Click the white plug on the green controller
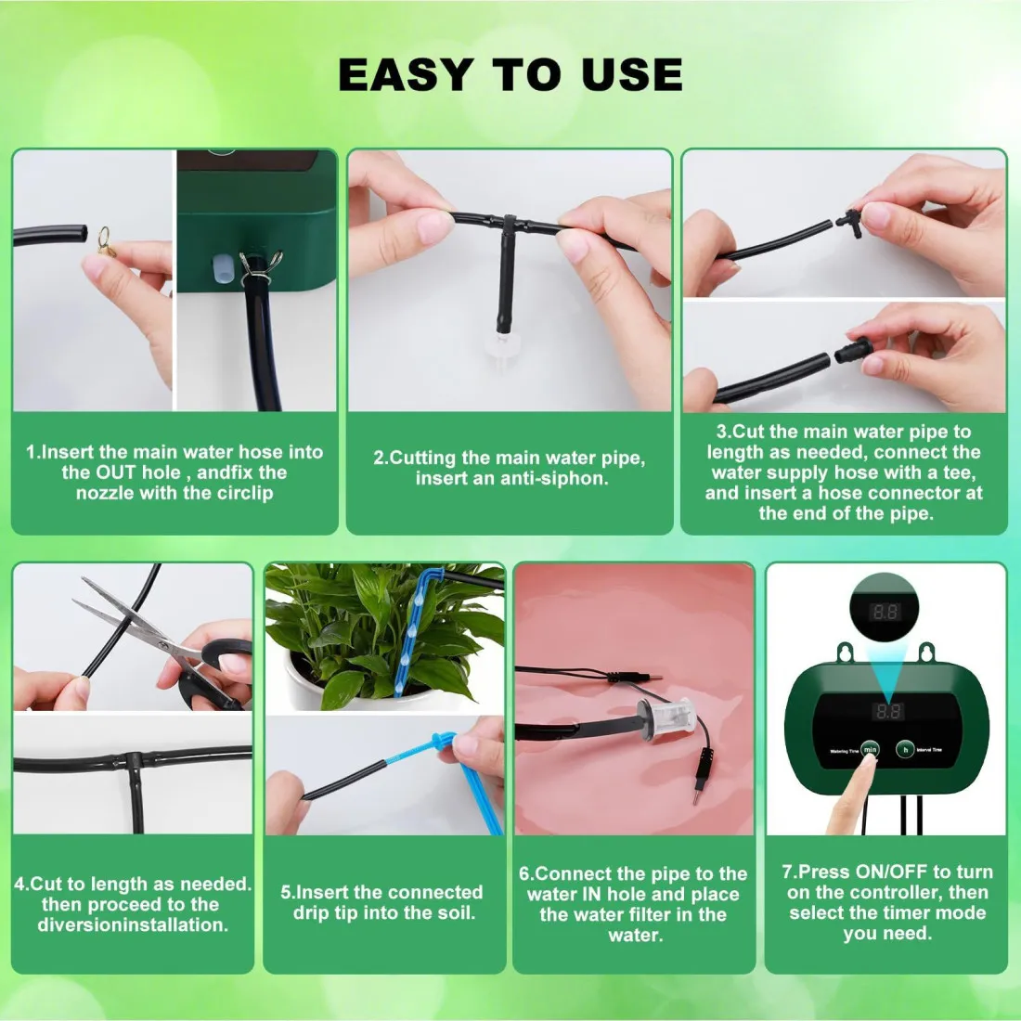point(222,270)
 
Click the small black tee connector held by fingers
point(849,223)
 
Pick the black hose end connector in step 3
point(853,351)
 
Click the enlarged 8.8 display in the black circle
point(885,612)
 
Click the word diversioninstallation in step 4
point(133,924)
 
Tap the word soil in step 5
point(456,912)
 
